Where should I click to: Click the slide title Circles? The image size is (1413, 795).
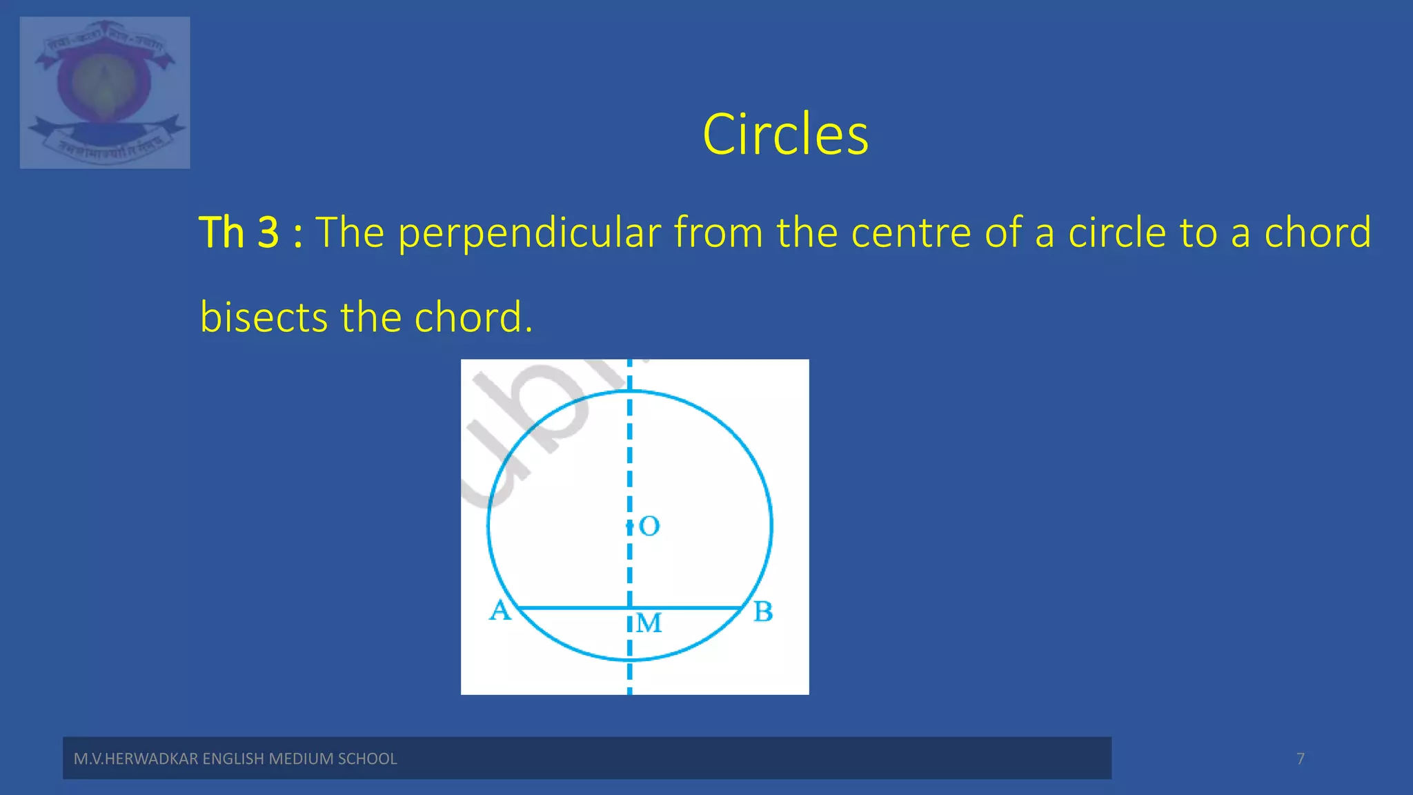pos(785,135)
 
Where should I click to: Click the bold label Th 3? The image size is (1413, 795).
pos(239,233)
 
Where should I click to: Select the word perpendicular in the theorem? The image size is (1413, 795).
pos(529,233)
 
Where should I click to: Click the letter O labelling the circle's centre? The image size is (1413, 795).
pos(649,527)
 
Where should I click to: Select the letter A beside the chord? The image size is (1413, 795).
pos(500,610)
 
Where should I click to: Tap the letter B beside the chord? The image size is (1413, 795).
pos(762,611)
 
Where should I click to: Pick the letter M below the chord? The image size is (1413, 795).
pos(649,623)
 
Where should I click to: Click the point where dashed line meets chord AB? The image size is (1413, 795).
pos(629,608)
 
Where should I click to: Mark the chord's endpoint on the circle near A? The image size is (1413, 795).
pos(519,608)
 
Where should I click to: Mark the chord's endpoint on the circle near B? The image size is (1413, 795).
pos(742,608)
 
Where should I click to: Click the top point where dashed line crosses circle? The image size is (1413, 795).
pos(629,391)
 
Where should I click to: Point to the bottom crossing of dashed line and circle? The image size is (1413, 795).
pos(629,660)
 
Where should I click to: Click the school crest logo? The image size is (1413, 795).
pos(105,92)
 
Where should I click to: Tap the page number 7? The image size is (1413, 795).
pos(1301,758)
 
